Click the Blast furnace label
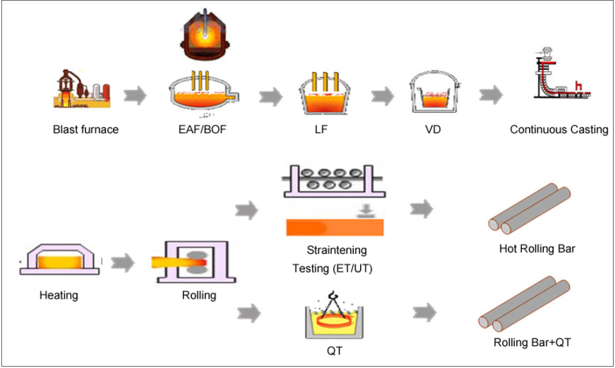coord(85,130)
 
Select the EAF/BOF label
coord(202,130)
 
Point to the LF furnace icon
coord(326,93)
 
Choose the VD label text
coord(433,130)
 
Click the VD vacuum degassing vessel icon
coord(433,94)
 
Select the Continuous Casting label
coord(559,130)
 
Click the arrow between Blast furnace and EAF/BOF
coord(135,96)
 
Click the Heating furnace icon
coord(60,260)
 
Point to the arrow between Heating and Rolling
coord(123,262)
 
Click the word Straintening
coord(336,249)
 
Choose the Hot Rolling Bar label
coord(537,248)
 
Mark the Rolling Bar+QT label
coord(532,342)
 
